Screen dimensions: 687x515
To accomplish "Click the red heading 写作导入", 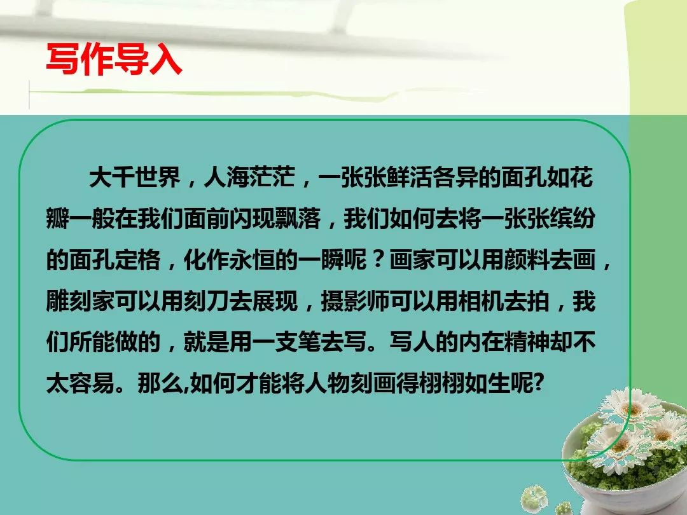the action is click(x=114, y=59).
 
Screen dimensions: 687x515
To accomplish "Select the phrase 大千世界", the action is click(x=135, y=177).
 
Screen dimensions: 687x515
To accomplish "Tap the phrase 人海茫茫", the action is click(x=249, y=177).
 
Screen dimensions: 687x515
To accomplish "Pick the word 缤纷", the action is click(x=572, y=218).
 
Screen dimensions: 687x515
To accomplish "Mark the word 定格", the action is click(x=137, y=259).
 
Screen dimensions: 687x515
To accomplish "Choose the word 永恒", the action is click(x=252, y=259).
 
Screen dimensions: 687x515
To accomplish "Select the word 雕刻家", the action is click(x=81, y=300).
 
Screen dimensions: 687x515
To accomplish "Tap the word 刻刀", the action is click(x=206, y=300).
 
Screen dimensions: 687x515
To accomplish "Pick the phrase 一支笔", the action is click(x=286, y=341).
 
